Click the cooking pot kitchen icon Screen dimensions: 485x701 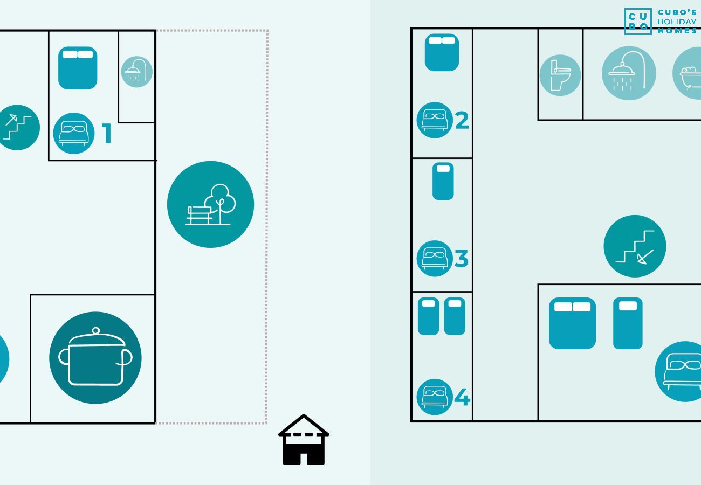pyautogui.click(x=95, y=358)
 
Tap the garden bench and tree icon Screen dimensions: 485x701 pyautogui.click(x=210, y=204)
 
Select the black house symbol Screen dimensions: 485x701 pyautogui.click(x=304, y=440)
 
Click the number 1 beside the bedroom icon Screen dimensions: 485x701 pyautogui.click(x=107, y=134)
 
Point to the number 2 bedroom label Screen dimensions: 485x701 pyautogui.click(x=462, y=121)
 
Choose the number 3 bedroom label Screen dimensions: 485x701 pyautogui.click(x=461, y=259)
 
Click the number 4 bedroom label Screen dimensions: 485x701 pyautogui.click(x=462, y=398)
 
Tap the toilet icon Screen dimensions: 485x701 pyautogui.click(x=560, y=75)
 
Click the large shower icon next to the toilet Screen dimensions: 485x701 pyautogui.click(x=629, y=73)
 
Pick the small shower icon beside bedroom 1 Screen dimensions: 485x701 pyautogui.click(x=136, y=72)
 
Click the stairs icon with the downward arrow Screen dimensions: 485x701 pyautogui.click(x=635, y=246)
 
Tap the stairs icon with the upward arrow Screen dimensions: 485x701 pyautogui.click(x=18, y=128)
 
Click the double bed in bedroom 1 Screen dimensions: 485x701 pyautogui.click(x=78, y=68)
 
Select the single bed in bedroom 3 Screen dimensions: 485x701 pyautogui.click(x=443, y=181)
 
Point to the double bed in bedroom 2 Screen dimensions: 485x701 pyautogui.click(x=442, y=52)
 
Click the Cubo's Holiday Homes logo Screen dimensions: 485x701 pyautogui.click(x=661, y=22)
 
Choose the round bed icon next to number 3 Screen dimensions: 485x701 pyautogui.click(x=435, y=259)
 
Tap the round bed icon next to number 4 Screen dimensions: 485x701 pyautogui.click(x=435, y=397)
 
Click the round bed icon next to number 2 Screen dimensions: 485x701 pyautogui.click(x=435, y=120)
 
